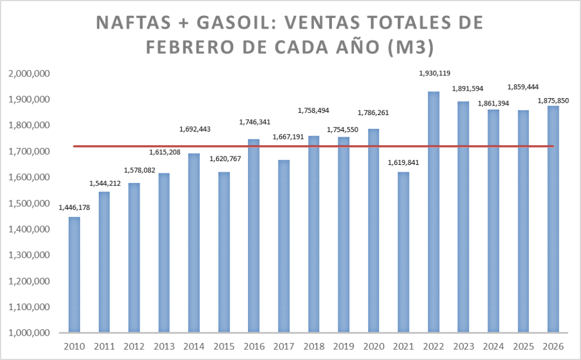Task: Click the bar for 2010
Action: click(74, 274)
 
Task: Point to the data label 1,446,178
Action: click(74, 207)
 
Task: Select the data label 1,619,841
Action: click(403, 162)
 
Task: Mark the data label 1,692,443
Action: click(193, 129)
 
